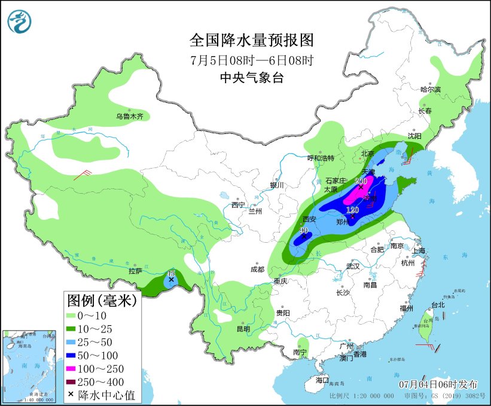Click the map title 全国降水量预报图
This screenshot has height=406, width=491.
[x=251, y=41]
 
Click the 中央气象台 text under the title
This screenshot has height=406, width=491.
[x=251, y=77]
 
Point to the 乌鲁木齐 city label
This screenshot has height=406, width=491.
[x=129, y=117]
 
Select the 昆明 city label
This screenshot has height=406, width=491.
[x=243, y=328]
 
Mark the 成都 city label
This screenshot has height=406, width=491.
[x=257, y=269]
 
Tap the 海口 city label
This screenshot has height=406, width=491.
[x=322, y=380]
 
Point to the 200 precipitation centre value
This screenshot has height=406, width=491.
[x=361, y=181]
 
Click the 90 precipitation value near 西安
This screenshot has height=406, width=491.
[x=304, y=230]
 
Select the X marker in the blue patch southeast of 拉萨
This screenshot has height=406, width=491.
[x=172, y=279]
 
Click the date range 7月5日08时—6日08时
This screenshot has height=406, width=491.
[x=251, y=60]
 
